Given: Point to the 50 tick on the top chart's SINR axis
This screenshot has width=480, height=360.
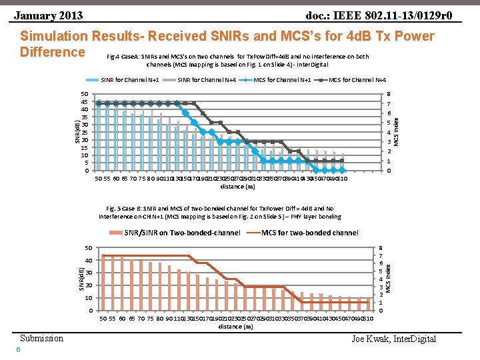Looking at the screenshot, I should (85, 94).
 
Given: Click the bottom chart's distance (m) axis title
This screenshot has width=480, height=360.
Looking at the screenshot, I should (236, 327).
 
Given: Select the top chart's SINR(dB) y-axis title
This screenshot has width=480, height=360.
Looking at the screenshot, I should (77, 130).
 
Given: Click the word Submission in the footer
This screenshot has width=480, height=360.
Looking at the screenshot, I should (41, 338).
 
